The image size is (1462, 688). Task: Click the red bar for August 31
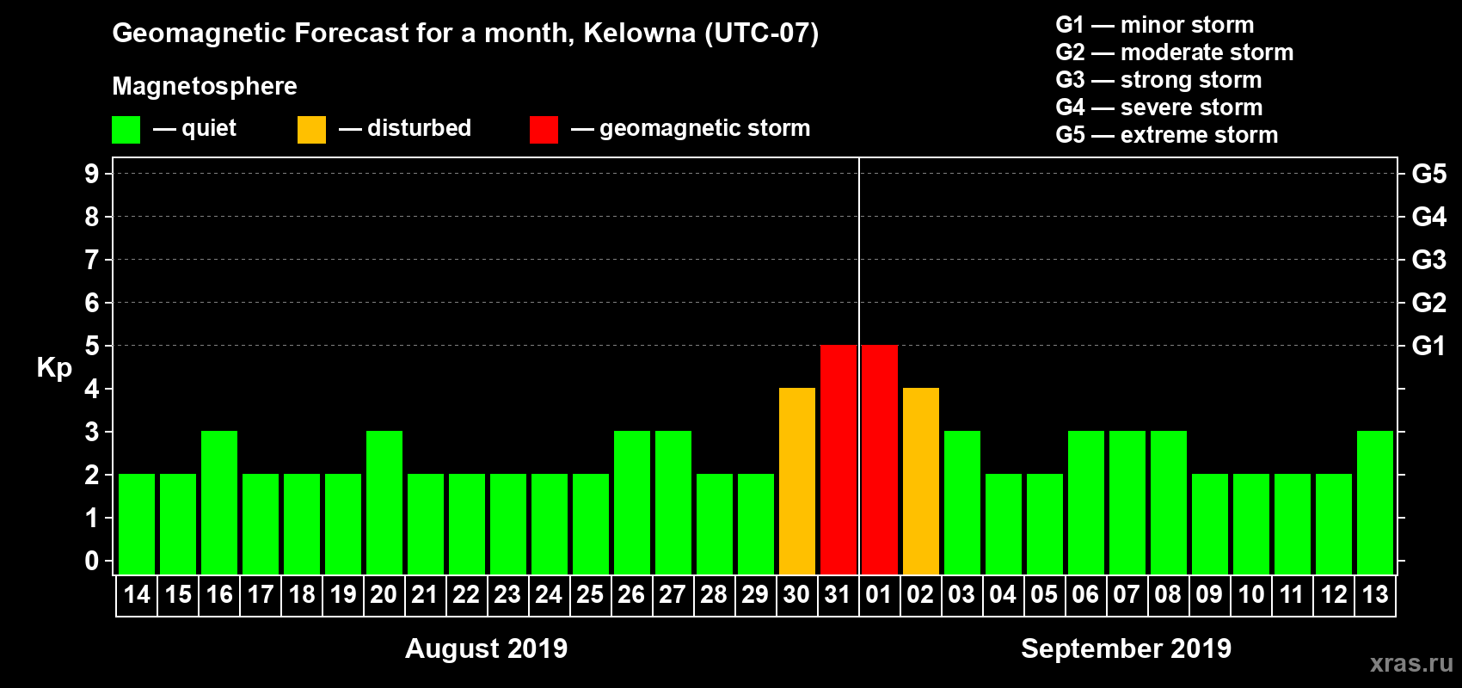click(838, 460)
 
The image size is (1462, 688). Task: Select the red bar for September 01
click(880, 460)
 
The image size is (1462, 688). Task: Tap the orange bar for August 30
click(797, 482)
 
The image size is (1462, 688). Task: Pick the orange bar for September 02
click(921, 482)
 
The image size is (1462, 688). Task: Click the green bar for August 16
click(219, 503)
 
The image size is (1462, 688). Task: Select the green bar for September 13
click(1375, 503)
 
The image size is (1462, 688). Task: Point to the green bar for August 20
click(384, 503)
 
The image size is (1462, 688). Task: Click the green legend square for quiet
click(126, 130)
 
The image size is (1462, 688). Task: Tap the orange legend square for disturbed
click(311, 130)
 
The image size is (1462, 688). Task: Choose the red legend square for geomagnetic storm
click(544, 130)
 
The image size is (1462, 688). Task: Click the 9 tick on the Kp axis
click(92, 174)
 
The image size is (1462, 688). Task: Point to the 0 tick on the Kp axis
click(92, 562)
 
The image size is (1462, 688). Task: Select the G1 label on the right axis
click(1428, 346)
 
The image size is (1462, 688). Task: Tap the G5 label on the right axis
click(1428, 174)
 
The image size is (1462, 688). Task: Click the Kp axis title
click(54, 368)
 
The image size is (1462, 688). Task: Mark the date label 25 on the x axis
click(590, 594)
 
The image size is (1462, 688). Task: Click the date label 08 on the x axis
click(1168, 594)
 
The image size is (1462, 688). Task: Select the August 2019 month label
click(486, 648)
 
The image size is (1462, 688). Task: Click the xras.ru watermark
click(1411, 663)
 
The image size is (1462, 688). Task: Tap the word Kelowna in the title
click(640, 33)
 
